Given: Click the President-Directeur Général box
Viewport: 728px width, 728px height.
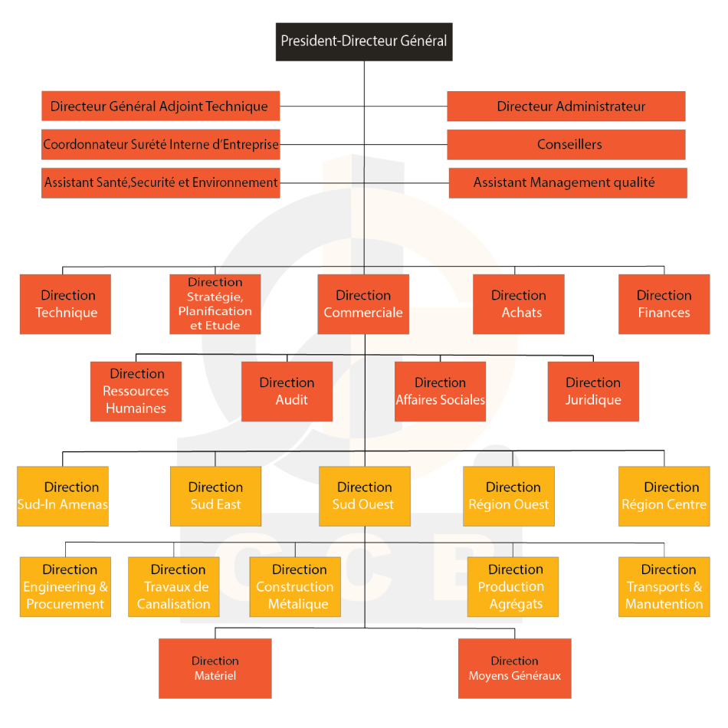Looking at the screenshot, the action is pos(364,42).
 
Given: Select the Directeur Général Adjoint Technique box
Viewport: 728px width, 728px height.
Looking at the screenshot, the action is pos(161,107).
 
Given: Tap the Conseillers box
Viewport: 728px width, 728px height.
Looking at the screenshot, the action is pos(566,144).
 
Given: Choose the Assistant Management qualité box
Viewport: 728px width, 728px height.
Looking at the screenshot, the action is pos(568,183).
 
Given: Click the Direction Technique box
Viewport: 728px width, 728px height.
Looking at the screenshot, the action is pos(65,304).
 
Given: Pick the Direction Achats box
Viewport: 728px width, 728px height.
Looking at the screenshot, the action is pos(519,304).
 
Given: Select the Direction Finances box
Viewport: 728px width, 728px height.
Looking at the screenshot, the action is pos(664,304).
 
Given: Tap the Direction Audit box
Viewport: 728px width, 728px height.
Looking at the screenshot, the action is pos(287,392).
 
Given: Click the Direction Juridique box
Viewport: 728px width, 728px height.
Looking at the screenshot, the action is pos(593,392).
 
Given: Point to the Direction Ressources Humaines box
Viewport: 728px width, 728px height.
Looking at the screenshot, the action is pos(136,392).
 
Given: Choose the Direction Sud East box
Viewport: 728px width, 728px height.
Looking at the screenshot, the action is pos(216,497).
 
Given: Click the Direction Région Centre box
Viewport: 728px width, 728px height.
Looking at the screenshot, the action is pos(664,497).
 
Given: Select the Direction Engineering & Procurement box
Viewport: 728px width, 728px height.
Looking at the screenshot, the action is pos(65,587).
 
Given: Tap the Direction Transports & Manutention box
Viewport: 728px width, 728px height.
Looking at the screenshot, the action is pos(664,587).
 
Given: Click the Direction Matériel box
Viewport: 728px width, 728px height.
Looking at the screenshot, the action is pos(215,668).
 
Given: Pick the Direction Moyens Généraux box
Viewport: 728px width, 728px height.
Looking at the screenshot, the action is pos(515,668).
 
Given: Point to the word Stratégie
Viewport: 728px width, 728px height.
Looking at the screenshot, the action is pos(215,297).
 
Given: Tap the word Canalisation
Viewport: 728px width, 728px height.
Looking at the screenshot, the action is pos(174,604).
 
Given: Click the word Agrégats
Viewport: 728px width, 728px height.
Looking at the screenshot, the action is pos(516,605).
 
